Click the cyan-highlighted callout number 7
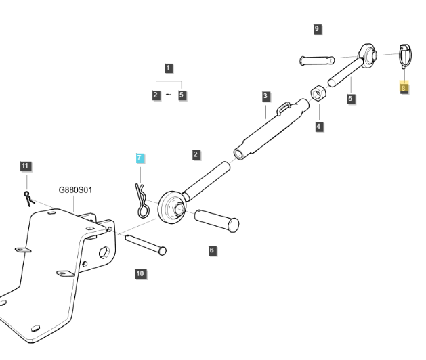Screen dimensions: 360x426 [x=140, y=158]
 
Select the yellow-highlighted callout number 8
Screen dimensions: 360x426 [x=404, y=88]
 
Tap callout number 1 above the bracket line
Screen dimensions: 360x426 [x=168, y=68]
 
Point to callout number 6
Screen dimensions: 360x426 [x=212, y=250]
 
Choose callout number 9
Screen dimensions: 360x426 [x=317, y=29]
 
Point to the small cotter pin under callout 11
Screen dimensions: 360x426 [x=27, y=198]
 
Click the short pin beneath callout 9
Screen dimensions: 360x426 [x=317, y=60]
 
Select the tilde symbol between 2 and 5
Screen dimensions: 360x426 [x=169, y=95]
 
